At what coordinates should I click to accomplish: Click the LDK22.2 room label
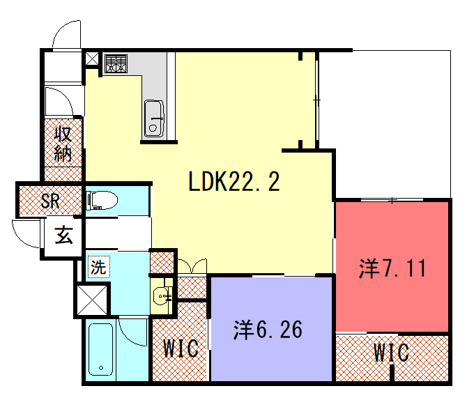[234, 181]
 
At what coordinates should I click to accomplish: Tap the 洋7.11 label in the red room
[392, 268]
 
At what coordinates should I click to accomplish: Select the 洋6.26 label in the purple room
[268, 330]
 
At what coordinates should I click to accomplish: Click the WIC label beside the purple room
[181, 348]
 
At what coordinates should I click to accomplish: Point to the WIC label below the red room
[391, 353]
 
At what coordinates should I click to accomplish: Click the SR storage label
[50, 201]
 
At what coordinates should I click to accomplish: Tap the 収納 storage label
[63, 144]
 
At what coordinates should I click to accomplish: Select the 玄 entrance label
[63, 235]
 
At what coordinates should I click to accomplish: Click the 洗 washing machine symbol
[98, 267]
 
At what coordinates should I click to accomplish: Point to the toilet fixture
[102, 200]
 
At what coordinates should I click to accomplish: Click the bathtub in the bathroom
[100, 349]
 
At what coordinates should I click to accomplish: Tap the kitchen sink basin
[154, 119]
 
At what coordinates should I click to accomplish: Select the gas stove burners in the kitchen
[116, 63]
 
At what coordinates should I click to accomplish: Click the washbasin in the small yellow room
[162, 295]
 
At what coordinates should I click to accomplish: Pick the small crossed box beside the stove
[92, 59]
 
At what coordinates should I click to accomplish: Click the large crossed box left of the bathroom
[92, 300]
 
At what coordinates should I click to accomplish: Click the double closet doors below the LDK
[192, 266]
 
